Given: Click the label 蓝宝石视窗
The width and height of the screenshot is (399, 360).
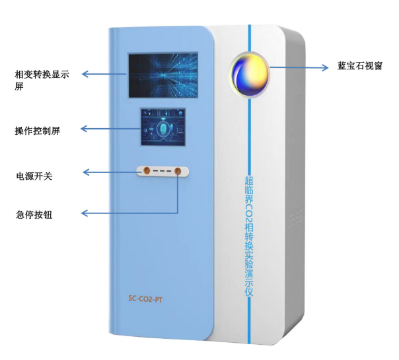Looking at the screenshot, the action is (x=360, y=66).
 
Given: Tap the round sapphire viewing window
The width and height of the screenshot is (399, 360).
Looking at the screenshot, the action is (x=250, y=74).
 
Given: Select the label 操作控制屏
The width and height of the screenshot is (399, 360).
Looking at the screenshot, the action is (x=37, y=131).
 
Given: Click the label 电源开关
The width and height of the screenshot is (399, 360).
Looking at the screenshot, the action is (x=34, y=176).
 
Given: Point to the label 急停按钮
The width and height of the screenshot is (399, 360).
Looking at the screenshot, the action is (x=34, y=215).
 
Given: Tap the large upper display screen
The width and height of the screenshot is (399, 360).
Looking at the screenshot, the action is (x=163, y=75).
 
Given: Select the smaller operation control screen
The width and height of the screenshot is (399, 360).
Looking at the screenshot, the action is (x=163, y=127).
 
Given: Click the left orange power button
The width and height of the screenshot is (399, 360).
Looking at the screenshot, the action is (x=147, y=170).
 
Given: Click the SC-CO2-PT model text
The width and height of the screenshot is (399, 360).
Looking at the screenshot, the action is (x=145, y=299).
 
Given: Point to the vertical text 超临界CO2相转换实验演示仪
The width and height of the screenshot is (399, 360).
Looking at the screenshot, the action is (x=249, y=236).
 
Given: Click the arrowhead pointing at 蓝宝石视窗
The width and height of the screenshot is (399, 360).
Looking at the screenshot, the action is (x=325, y=67).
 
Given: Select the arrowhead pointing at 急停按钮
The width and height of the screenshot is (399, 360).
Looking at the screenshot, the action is (x=85, y=213).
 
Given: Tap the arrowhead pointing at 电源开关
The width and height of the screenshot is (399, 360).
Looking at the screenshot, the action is (x=87, y=172).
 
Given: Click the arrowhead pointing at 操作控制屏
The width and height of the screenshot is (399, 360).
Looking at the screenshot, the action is (x=84, y=129).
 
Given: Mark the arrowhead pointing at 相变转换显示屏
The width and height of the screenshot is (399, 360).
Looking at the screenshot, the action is (x=85, y=74).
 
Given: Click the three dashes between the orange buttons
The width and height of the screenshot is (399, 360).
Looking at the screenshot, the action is (x=162, y=170).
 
